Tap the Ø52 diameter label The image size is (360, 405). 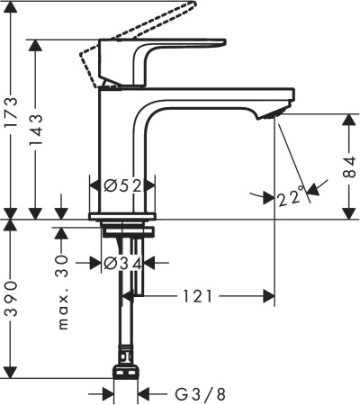(122, 185)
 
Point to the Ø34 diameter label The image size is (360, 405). (121, 263)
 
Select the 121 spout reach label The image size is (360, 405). (200, 295)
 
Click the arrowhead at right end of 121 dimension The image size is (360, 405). (266, 295)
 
